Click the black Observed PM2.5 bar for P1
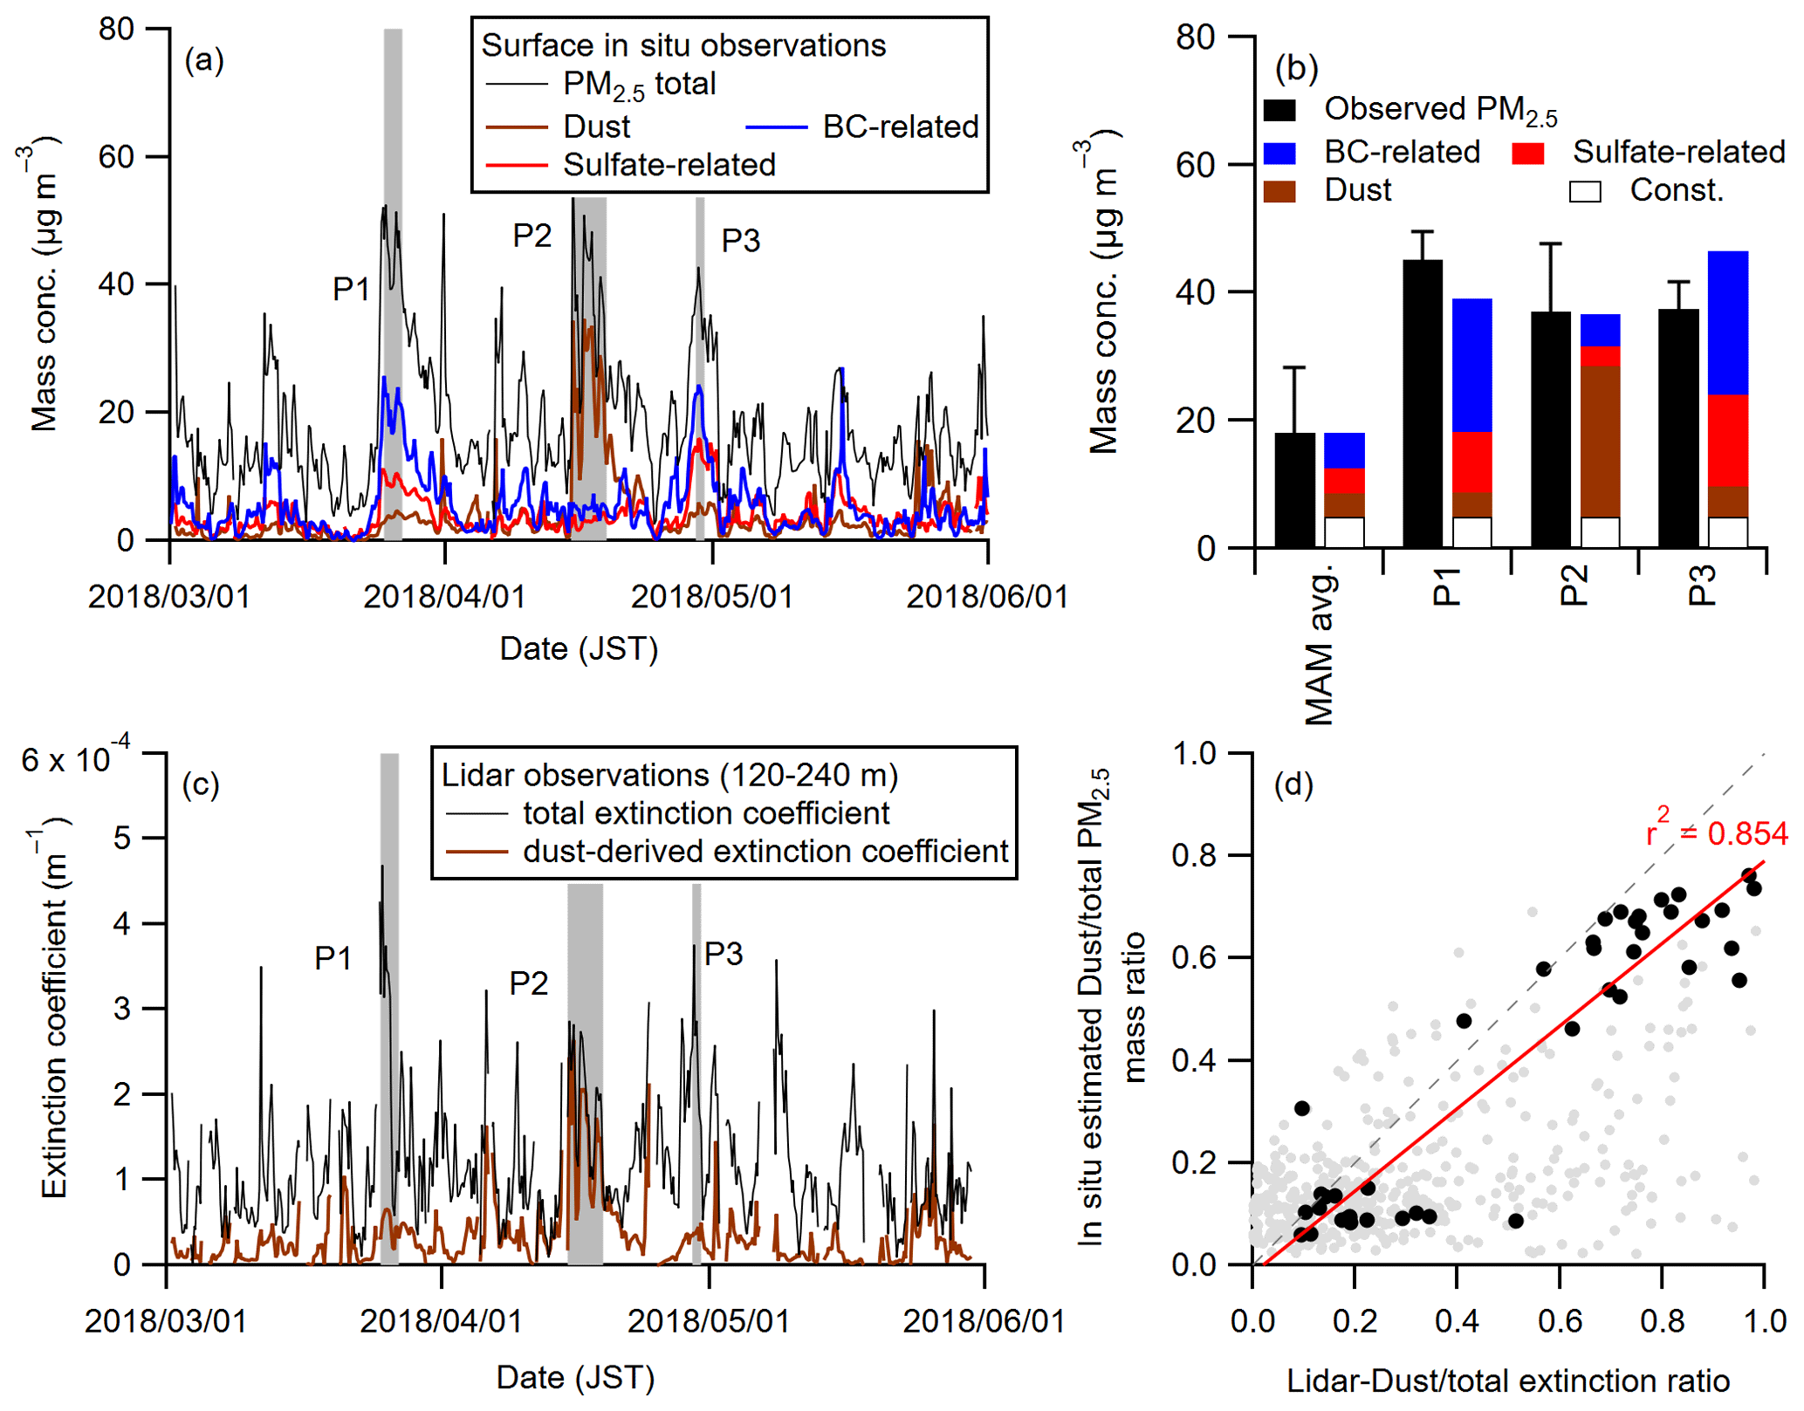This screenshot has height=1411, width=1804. tap(1422, 403)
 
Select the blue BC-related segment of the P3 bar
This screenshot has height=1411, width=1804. tap(1727, 323)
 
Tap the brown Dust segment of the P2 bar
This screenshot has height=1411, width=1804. tap(1600, 442)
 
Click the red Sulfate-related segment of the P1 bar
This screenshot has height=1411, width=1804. tap(1471, 462)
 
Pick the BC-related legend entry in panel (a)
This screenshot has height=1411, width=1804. tap(899, 127)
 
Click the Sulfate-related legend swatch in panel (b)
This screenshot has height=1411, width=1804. tap(1527, 154)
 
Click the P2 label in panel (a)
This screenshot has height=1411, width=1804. tap(532, 236)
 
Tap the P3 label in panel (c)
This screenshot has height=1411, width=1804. tap(724, 954)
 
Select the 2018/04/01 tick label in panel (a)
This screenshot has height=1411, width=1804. tap(444, 597)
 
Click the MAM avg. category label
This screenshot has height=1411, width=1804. tap(1320, 646)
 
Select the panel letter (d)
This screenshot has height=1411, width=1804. tap(1293, 785)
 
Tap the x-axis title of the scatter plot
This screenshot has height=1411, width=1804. tap(1508, 1380)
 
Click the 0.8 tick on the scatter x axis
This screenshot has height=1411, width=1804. tap(1662, 1321)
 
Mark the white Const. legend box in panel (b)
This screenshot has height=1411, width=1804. tap(1585, 191)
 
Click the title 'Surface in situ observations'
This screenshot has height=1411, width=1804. tap(683, 45)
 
